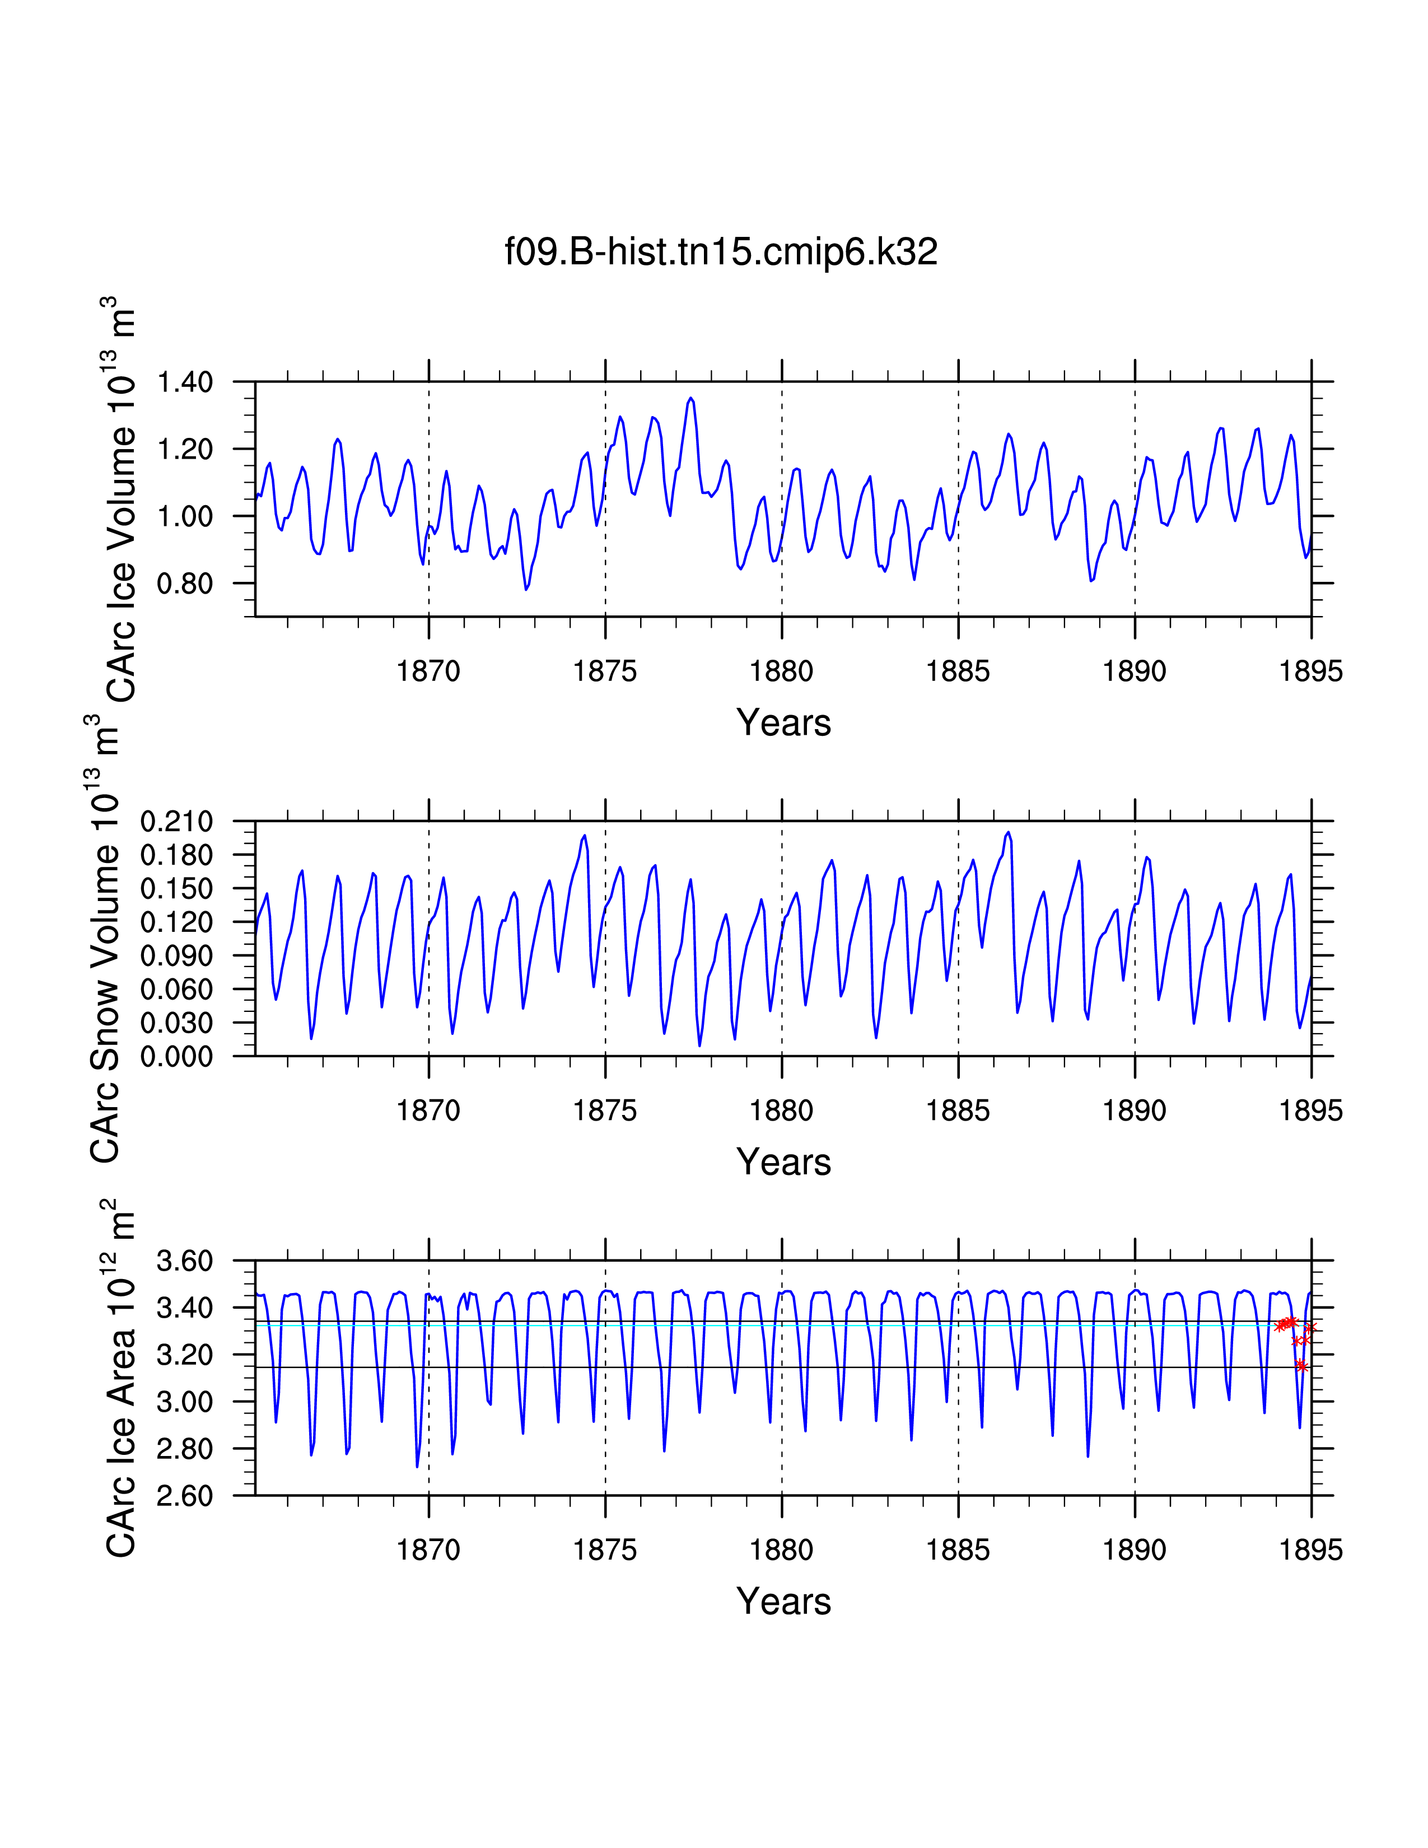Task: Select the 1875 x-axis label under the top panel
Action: click(605, 672)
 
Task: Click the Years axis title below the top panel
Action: click(783, 722)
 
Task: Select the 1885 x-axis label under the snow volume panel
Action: click(958, 1111)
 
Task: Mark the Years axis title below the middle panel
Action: click(783, 1162)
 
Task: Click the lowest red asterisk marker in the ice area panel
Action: click(1301, 1366)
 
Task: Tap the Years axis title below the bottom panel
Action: click(783, 1602)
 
